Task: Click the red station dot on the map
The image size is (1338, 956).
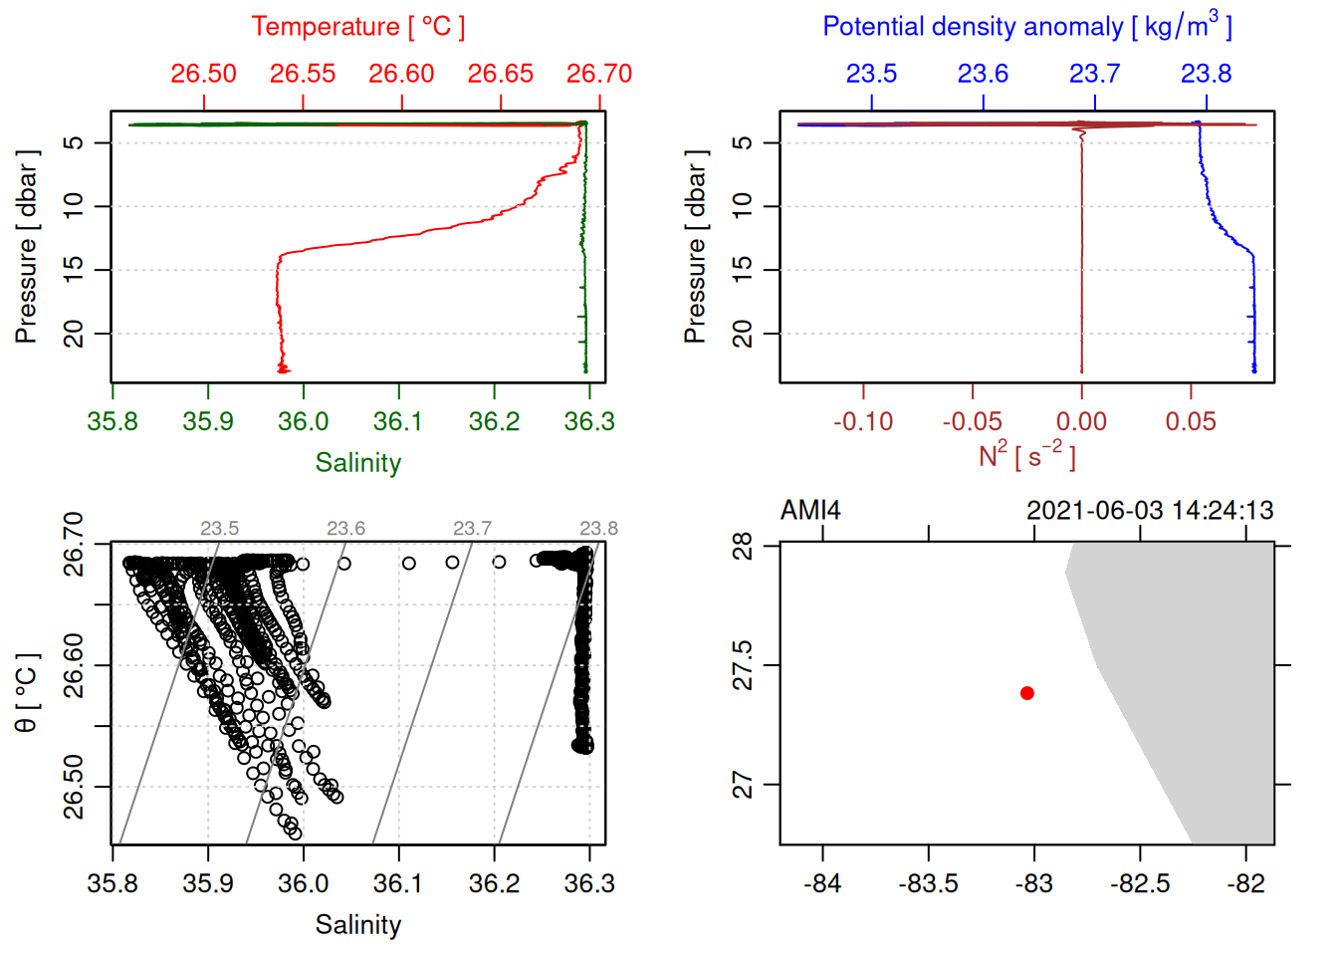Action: pos(1027,693)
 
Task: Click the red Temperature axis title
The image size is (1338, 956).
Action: pos(357,27)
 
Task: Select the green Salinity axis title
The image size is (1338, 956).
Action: pos(357,463)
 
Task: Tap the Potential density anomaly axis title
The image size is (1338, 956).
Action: pos(1026,27)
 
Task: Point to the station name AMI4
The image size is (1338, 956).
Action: pos(810,511)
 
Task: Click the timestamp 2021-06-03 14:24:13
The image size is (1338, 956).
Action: pos(1150,511)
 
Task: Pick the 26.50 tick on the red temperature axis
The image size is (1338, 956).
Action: pos(204,74)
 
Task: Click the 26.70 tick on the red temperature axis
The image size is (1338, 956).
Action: pos(599,74)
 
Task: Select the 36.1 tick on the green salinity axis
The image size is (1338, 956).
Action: pos(398,422)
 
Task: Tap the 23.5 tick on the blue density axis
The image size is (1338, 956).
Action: pos(871,74)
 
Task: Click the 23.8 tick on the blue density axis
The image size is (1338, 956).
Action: pos(1206,74)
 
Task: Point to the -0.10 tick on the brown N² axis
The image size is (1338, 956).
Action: pos(863,422)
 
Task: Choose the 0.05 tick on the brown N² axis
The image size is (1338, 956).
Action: pos(1191,422)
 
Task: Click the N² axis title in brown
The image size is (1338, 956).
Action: pos(1026,456)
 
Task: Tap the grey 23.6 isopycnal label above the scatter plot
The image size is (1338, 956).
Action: pos(345,529)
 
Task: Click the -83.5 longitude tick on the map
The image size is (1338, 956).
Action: pos(928,883)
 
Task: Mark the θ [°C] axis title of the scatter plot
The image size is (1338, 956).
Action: pos(27,693)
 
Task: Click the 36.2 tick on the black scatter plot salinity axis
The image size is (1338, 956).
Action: pos(494,883)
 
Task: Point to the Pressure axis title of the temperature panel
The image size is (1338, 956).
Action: pos(27,247)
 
